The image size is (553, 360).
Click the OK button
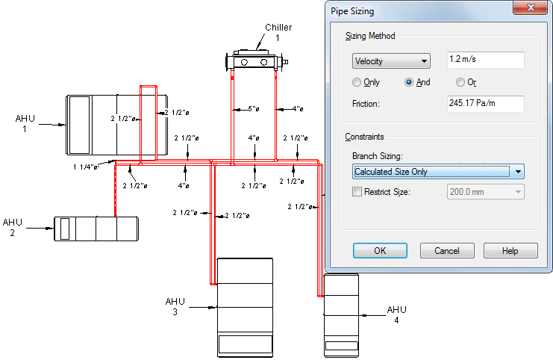pyautogui.click(x=380, y=251)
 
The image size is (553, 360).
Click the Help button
pyautogui.click(x=510, y=251)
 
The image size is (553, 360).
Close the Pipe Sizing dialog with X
pyautogui.click(x=531, y=7)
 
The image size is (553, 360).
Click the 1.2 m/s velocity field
pyautogui.click(x=486, y=60)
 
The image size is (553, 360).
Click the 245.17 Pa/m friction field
pyautogui.click(x=486, y=104)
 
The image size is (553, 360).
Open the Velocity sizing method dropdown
pyautogui.click(x=391, y=61)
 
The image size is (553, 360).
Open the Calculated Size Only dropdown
pyautogui.click(x=438, y=172)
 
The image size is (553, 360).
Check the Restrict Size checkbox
pyautogui.click(x=357, y=192)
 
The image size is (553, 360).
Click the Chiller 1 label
pyautogui.click(x=278, y=32)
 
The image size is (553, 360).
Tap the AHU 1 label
pyautogui.click(x=25, y=123)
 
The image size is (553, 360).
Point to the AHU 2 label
pyautogui.click(x=13, y=227)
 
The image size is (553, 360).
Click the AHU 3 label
pyautogui.click(x=175, y=306)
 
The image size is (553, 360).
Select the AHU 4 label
pyautogui.click(x=397, y=315)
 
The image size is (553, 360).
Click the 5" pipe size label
pyautogui.click(x=254, y=109)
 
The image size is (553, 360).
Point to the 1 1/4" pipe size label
pyautogui.click(x=85, y=167)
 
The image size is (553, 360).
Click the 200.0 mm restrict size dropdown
pyautogui.click(x=486, y=192)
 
